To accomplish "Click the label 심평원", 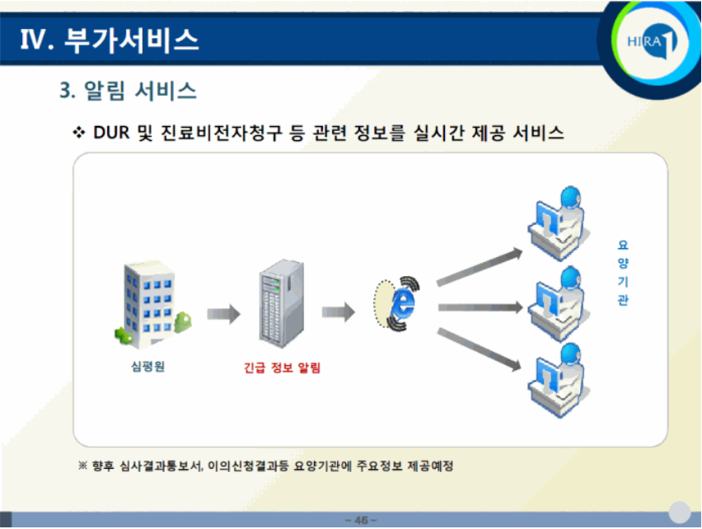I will (x=148, y=367).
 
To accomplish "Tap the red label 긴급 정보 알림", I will (x=282, y=367).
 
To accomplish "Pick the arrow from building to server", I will (x=222, y=314).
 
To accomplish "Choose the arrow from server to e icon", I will (x=338, y=312).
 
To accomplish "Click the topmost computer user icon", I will (x=555, y=223).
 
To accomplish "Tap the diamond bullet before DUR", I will (x=80, y=133).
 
